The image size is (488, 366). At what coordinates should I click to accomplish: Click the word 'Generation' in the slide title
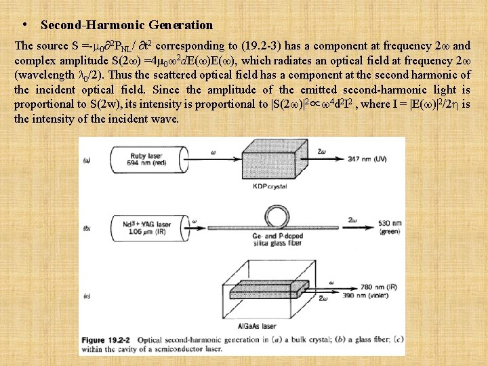(180, 25)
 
